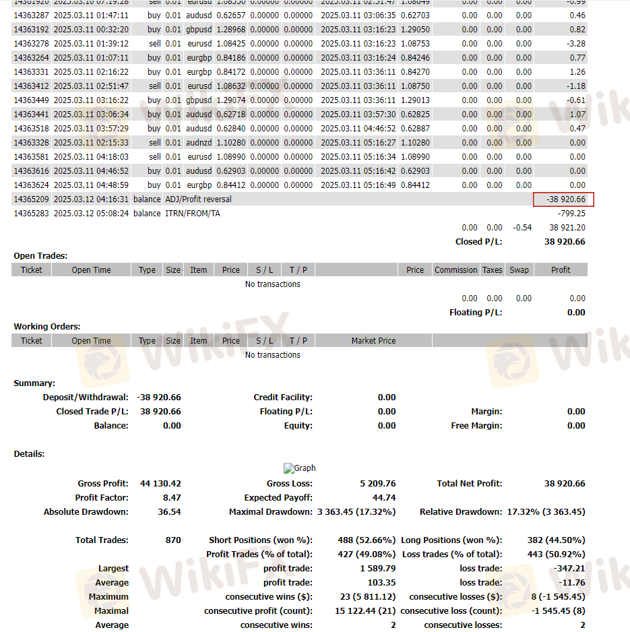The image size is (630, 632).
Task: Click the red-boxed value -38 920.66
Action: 563,199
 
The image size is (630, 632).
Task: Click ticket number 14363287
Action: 31,15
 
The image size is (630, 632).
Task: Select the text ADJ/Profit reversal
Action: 198,199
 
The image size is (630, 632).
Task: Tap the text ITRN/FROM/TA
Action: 192,214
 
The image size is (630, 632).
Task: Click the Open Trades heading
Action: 40,256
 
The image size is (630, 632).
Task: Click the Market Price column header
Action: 373,341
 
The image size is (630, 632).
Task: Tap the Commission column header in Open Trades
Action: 455,270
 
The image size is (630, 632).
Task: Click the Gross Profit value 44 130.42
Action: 160,484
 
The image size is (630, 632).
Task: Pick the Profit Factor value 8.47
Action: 171,498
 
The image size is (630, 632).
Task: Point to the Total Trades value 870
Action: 172,540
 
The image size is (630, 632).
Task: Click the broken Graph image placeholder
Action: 299,468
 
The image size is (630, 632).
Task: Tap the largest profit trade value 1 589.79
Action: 376,569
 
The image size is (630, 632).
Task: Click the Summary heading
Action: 34,383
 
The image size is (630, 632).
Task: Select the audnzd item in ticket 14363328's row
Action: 198,143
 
